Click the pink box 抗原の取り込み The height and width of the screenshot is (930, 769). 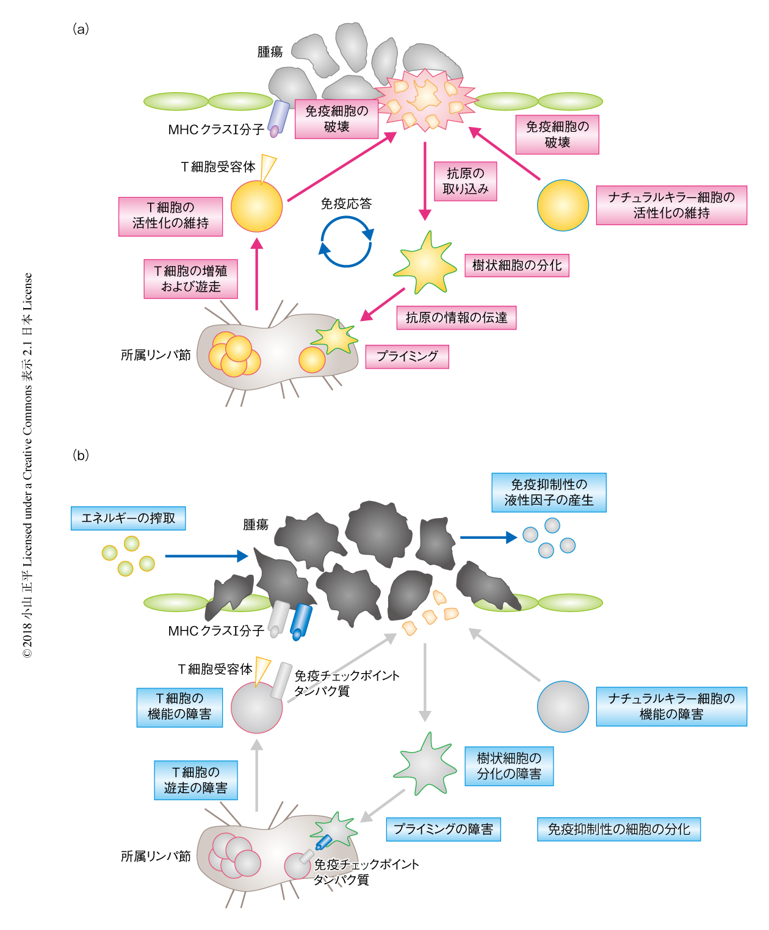pos(465,181)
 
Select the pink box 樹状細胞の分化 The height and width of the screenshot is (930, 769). pos(516,265)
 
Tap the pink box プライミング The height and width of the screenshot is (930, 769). pos(407,356)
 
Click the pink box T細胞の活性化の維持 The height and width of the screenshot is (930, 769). pos(170,216)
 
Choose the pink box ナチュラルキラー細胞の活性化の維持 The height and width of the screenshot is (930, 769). pos(671,205)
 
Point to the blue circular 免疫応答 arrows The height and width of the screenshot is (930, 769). pos(346,242)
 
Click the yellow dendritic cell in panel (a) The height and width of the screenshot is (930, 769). pos(425,263)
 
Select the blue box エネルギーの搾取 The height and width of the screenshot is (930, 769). pos(128,518)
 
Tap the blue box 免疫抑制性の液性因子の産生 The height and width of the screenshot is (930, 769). pos(549,492)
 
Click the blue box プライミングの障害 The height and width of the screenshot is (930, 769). pos(443,829)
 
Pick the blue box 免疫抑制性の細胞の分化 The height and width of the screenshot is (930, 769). pos(618,829)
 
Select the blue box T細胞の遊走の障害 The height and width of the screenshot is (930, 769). pos(195,780)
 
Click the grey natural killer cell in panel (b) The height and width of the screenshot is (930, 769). pos(563,707)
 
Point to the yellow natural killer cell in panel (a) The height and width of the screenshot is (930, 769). pos(563,205)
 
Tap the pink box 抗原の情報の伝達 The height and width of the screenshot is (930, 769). pos(456,317)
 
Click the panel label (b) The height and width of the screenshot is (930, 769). pos(81,455)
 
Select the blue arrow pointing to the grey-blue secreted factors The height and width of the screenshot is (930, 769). pos(488,538)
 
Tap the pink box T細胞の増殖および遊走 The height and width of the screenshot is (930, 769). pos(190,279)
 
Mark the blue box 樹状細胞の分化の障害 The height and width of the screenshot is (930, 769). pos(509,766)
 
